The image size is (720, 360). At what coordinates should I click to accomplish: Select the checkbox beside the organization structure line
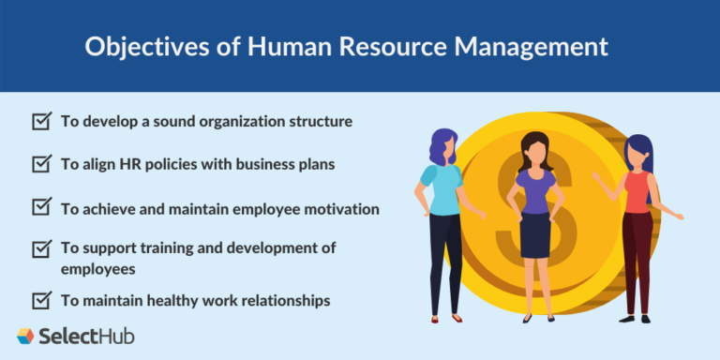(41, 121)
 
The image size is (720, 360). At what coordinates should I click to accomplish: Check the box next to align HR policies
(41, 163)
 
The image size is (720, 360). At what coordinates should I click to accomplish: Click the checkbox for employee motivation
(41, 208)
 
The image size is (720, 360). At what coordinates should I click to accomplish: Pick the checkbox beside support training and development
(41, 248)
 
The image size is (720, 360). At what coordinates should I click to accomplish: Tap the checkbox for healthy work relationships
(41, 300)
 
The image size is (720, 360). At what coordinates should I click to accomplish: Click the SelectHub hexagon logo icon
(26, 336)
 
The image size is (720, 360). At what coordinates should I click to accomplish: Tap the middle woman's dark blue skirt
(535, 234)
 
